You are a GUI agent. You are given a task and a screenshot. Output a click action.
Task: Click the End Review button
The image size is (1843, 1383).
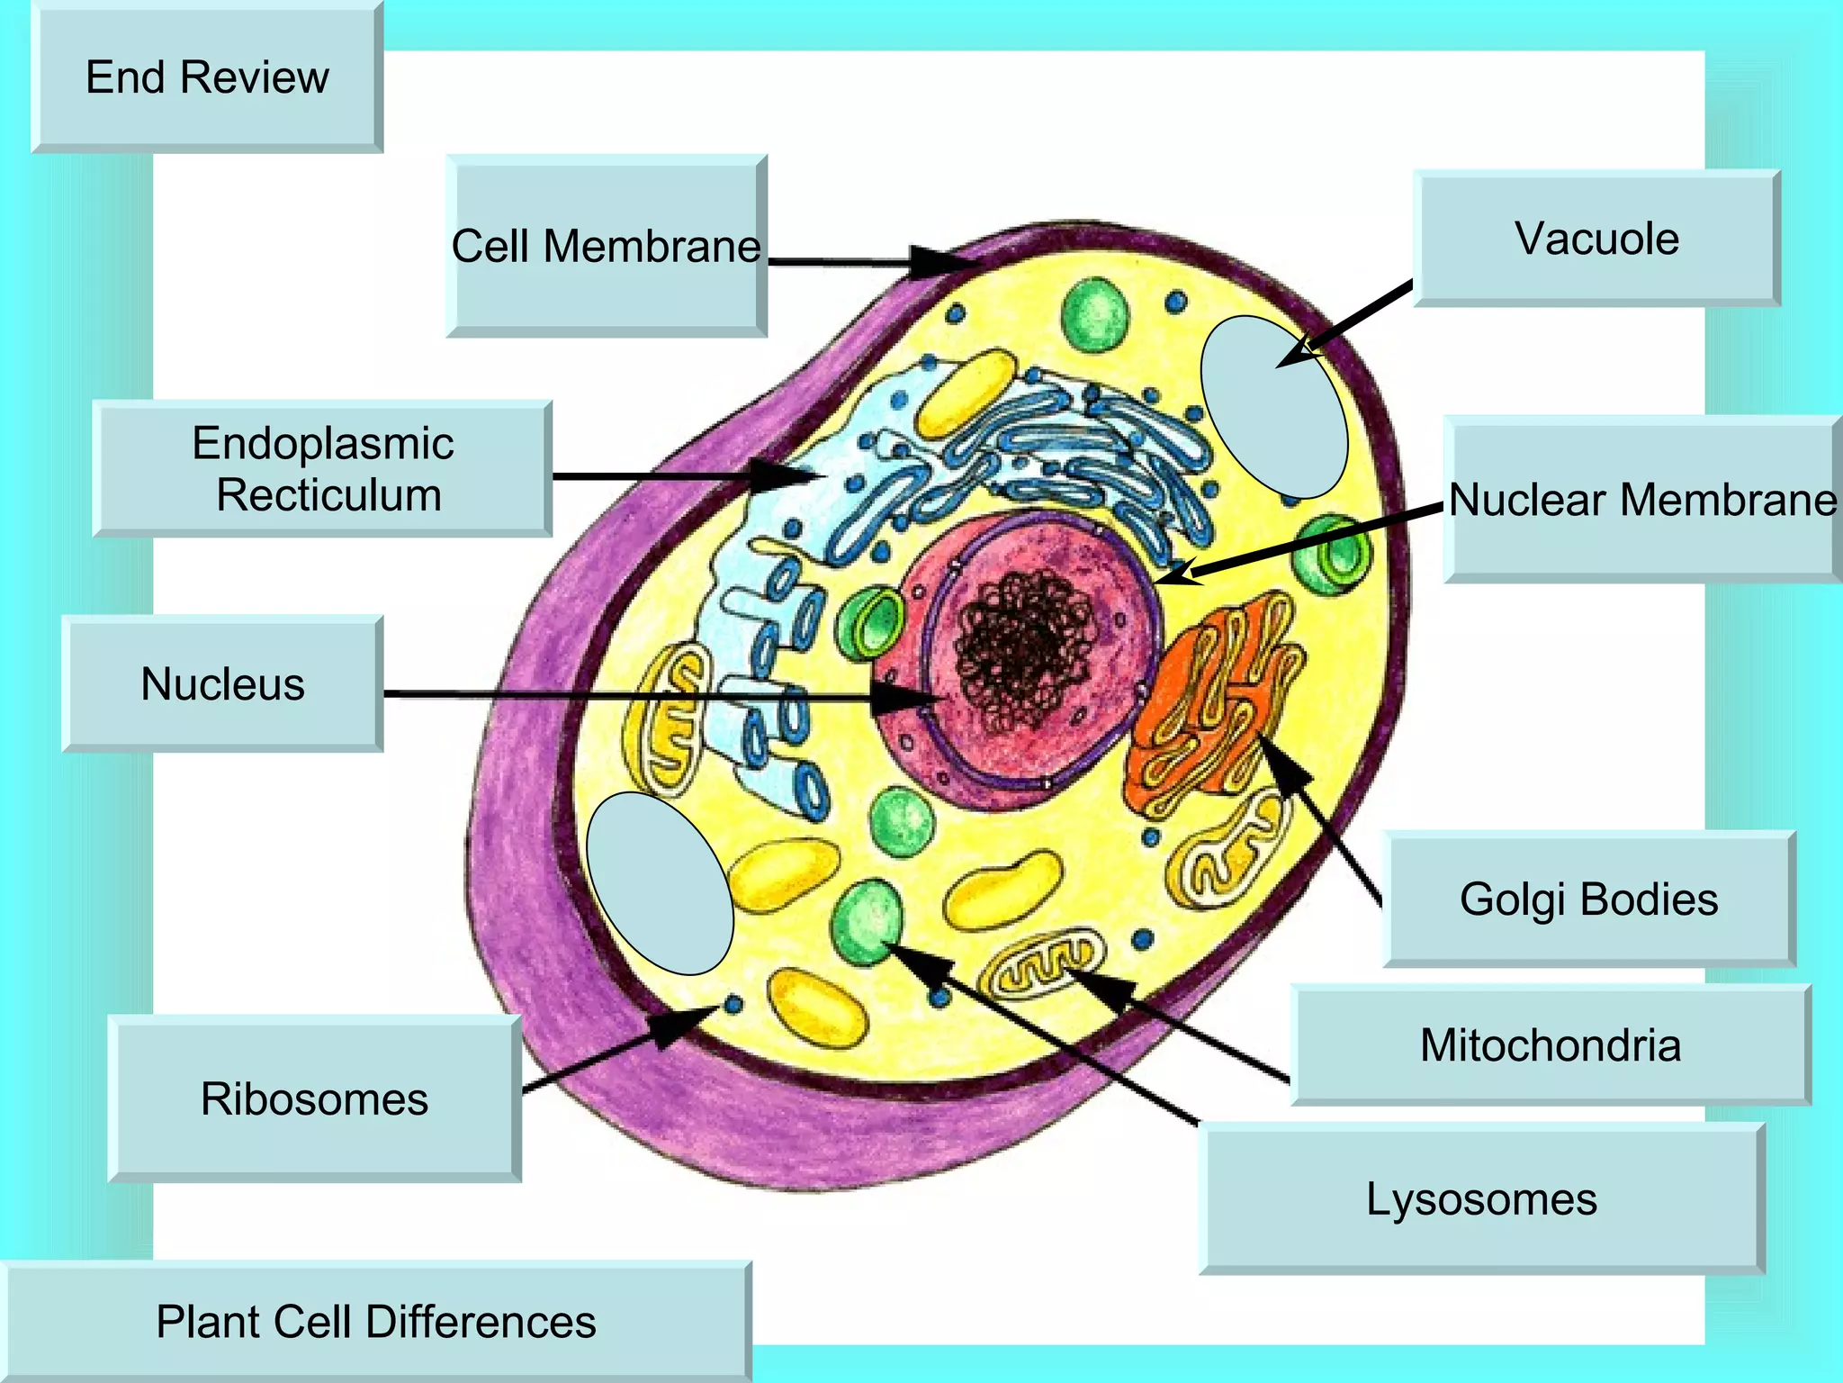point(207,77)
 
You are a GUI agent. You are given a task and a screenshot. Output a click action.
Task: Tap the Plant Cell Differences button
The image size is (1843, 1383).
point(375,1322)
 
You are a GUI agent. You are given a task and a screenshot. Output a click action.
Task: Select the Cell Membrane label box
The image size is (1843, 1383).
point(606,246)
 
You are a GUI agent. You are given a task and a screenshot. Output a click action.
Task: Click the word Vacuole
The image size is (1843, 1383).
point(1596,239)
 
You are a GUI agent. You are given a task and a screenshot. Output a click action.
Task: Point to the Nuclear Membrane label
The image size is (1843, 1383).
point(1642,500)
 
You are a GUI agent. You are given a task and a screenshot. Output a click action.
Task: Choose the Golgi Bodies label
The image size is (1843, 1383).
point(1588,899)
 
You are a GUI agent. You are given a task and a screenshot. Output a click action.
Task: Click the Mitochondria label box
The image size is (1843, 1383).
point(1550,1044)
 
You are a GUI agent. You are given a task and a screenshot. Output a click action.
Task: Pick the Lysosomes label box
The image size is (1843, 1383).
point(1481,1198)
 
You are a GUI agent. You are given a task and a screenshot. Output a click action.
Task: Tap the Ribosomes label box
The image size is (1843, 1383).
point(314,1098)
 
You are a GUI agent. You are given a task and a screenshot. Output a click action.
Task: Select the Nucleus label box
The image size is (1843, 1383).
point(222,683)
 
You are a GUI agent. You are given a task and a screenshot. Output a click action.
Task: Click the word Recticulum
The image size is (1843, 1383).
point(328,495)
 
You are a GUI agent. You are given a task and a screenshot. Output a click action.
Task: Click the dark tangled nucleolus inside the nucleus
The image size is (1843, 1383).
point(1026,648)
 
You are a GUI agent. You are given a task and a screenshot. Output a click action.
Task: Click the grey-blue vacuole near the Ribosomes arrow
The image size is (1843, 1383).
point(660,883)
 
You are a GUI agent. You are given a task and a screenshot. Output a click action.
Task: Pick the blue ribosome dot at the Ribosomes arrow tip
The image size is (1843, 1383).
point(733,1004)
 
